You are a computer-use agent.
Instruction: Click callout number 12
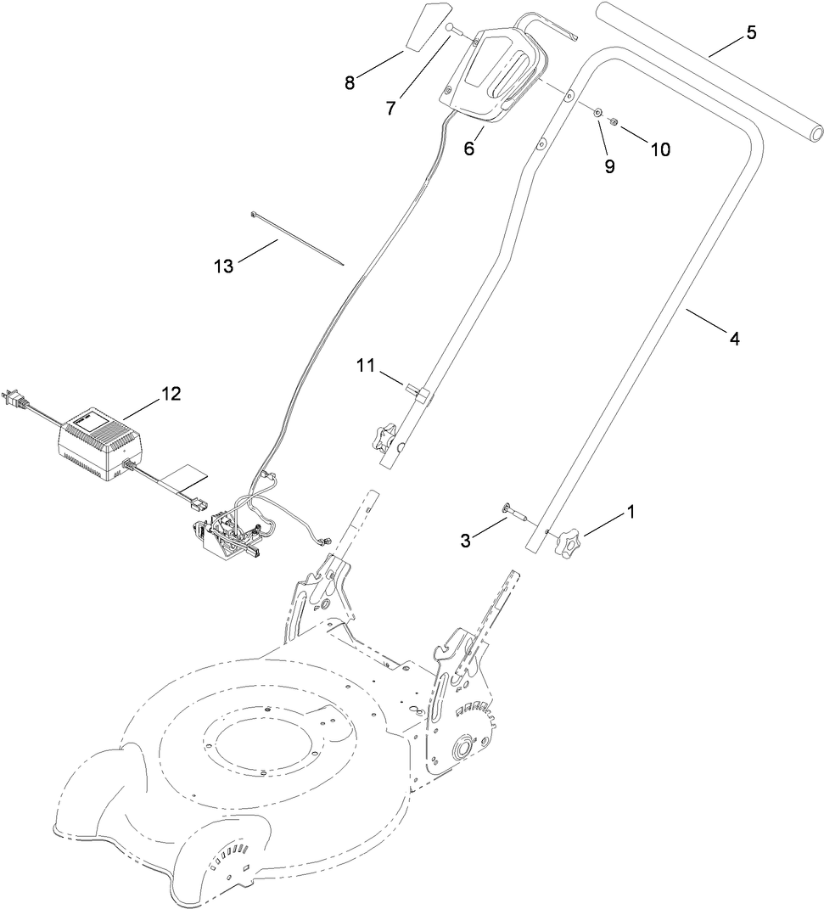pyautogui.click(x=171, y=393)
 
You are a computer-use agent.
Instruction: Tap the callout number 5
pyautogui.click(x=750, y=33)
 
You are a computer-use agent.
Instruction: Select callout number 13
pyautogui.click(x=223, y=266)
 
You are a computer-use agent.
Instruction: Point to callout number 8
pyautogui.click(x=349, y=82)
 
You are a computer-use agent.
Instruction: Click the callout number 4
pyautogui.click(x=734, y=339)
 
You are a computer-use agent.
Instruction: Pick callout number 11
pyautogui.click(x=365, y=366)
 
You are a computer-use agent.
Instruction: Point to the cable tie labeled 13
pyautogui.click(x=297, y=238)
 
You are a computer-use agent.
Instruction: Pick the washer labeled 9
pyautogui.click(x=599, y=113)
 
